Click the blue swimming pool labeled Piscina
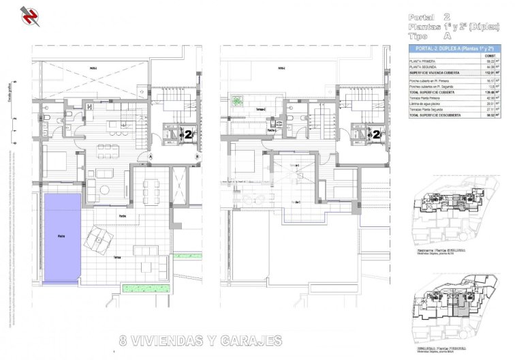[x=61, y=237]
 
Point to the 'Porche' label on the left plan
[x=122, y=216]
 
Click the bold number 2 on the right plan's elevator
[x=375, y=134]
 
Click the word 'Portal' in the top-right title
[x=420, y=16]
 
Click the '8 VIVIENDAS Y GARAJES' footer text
[x=200, y=339]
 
